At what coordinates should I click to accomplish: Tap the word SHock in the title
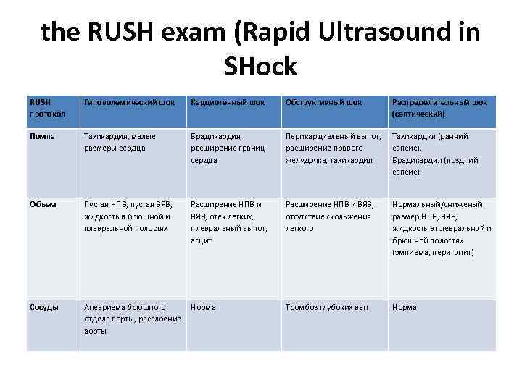(261, 67)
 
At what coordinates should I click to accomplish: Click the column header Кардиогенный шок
(227, 102)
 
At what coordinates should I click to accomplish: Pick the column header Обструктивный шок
(323, 102)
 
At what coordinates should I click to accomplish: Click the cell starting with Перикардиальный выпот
(333, 148)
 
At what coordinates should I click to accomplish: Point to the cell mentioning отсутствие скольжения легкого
(329, 216)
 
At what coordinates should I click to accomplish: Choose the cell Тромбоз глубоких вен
(327, 307)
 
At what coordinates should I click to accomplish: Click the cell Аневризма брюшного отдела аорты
(132, 319)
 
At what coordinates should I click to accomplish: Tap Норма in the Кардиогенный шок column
(203, 307)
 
